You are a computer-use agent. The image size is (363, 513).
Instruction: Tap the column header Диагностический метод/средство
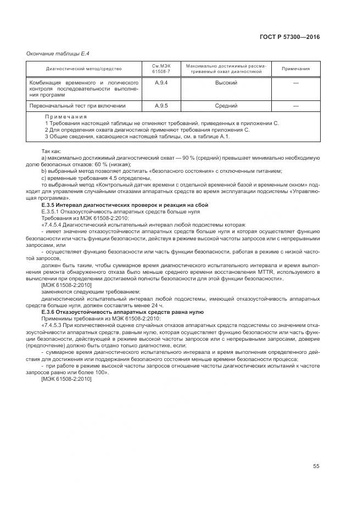(83, 69)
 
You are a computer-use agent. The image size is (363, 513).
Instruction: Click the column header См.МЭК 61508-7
(161, 69)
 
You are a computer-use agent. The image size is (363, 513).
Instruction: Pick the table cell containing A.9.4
(161, 82)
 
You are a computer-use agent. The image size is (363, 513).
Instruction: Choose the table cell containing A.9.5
(161, 105)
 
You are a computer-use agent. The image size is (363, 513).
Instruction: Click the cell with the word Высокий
(226, 82)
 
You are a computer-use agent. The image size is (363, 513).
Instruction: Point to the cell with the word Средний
(226, 105)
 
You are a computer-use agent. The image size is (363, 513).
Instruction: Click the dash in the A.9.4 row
(295, 82)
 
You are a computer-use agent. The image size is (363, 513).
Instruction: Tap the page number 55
(316, 466)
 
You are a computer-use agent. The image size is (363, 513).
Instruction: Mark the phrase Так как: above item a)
(51, 151)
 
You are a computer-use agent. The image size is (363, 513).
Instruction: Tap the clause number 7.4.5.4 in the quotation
(55, 225)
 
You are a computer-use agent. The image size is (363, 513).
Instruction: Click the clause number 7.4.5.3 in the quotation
(55, 326)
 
